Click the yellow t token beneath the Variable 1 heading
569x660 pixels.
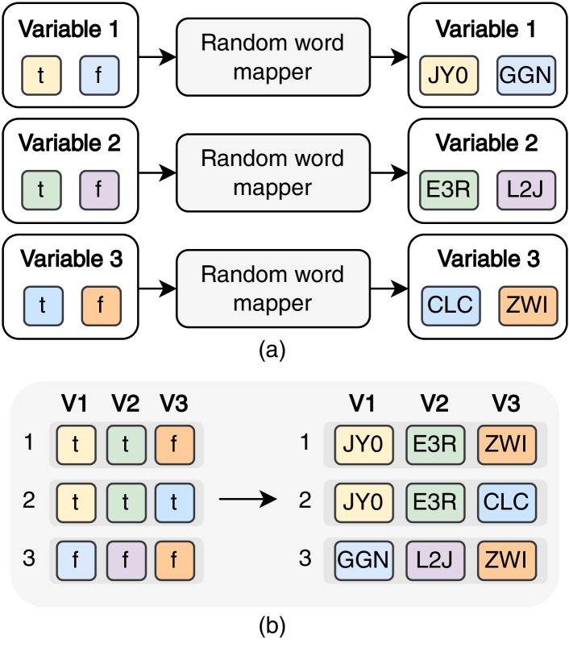point(40,76)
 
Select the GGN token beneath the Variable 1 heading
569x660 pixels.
point(525,76)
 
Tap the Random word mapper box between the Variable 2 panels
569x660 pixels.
point(272,172)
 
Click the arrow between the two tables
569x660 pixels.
point(247,500)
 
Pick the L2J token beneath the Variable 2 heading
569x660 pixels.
point(525,191)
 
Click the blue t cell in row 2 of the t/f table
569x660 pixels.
point(175,500)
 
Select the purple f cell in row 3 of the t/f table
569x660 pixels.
point(126,558)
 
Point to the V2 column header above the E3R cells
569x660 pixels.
point(434,404)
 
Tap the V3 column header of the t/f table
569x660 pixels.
point(173,404)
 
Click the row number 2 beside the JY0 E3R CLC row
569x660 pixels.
point(305,500)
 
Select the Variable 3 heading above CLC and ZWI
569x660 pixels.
point(488,259)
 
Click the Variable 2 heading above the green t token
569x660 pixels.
point(69,144)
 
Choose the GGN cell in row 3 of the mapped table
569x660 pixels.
point(363,558)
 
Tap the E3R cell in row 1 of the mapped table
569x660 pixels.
point(434,443)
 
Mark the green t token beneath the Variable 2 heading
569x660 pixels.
point(40,191)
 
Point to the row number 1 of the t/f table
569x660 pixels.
point(29,442)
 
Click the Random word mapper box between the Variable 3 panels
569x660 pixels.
point(272,288)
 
